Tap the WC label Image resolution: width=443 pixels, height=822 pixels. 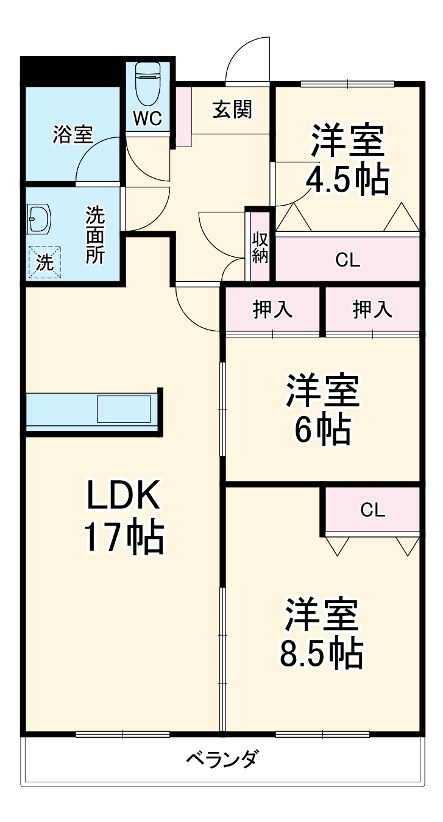pyautogui.click(x=147, y=119)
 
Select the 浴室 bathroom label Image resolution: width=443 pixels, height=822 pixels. pyautogui.click(x=73, y=134)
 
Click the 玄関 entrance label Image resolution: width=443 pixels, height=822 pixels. pyautogui.click(x=232, y=110)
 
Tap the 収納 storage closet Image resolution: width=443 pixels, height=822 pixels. pyautogui.click(x=260, y=246)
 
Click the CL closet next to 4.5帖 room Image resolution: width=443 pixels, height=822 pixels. pyautogui.click(x=348, y=259)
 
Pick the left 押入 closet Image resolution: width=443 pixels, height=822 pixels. pyautogui.click(x=273, y=310)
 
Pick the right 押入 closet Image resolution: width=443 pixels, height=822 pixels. pyautogui.click(x=372, y=310)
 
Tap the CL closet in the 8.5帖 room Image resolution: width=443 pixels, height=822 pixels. pyautogui.click(x=372, y=510)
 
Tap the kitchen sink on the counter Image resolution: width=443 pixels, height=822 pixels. pyautogui.click(x=124, y=408)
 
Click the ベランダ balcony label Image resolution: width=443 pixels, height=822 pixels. pyautogui.click(x=222, y=760)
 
